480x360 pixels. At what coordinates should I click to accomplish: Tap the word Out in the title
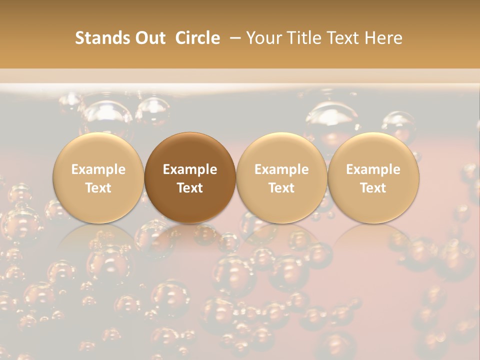click(x=148, y=38)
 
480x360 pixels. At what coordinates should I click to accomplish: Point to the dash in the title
click(x=233, y=38)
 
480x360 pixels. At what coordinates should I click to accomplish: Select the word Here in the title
click(x=382, y=38)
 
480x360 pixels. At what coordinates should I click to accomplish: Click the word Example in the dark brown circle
click(x=190, y=169)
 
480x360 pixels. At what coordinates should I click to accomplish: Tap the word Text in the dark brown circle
click(x=190, y=187)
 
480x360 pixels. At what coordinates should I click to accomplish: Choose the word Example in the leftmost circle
click(x=98, y=169)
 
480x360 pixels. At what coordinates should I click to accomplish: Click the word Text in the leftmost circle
click(x=98, y=187)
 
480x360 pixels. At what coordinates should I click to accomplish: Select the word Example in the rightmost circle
click(x=373, y=169)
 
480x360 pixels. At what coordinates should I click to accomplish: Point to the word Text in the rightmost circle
click(x=373, y=187)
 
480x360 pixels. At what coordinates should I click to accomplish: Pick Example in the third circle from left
click(x=281, y=169)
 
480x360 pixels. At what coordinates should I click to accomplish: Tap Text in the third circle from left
click(x=281, y=187)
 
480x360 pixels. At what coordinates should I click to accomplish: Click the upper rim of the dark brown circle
click(x=190, y=134)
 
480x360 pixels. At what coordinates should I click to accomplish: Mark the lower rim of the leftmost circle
click(x=98, y=221)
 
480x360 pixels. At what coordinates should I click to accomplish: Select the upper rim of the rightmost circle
click(x=373, y=134)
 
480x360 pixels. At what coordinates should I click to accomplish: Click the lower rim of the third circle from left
click(x=281, y=221)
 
